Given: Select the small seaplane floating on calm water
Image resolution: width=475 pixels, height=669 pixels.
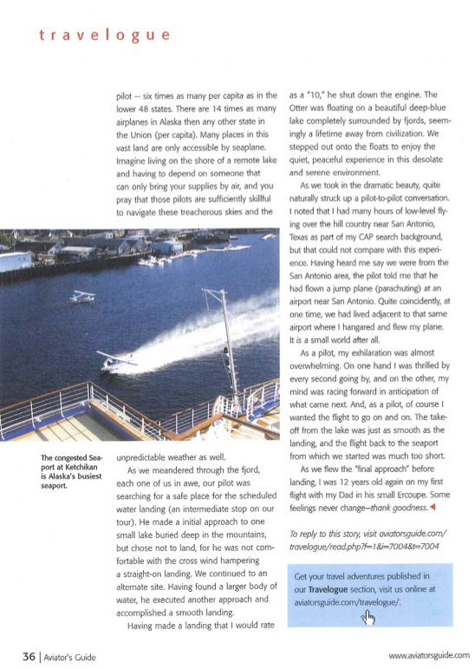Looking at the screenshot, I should [83, 296].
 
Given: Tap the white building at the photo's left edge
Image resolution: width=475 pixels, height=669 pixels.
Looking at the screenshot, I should [16, 260].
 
